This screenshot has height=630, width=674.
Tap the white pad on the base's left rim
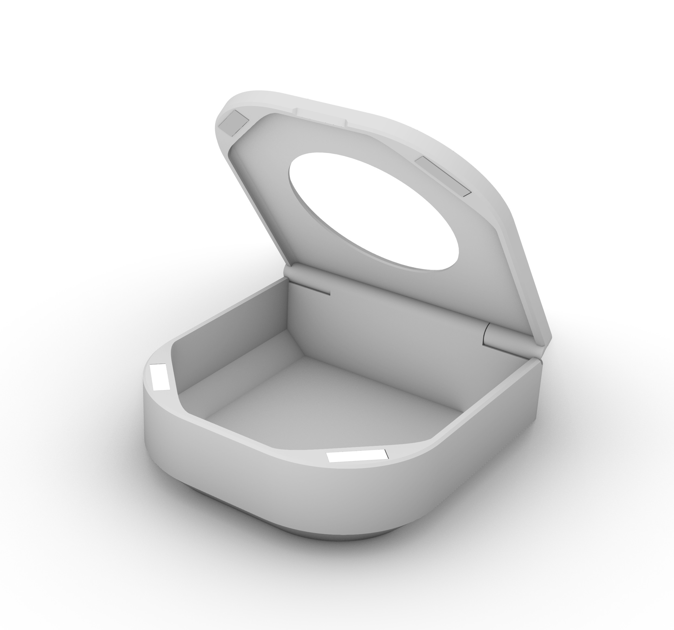pyautogui.click(x=160, y=377)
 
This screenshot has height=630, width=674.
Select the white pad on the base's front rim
pyautogui.click(x=357, y=456)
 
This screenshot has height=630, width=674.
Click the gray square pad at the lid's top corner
pyautogui.click(x=234, y=123)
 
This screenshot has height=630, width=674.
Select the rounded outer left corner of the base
pyautogui.click(x=152, y=427)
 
